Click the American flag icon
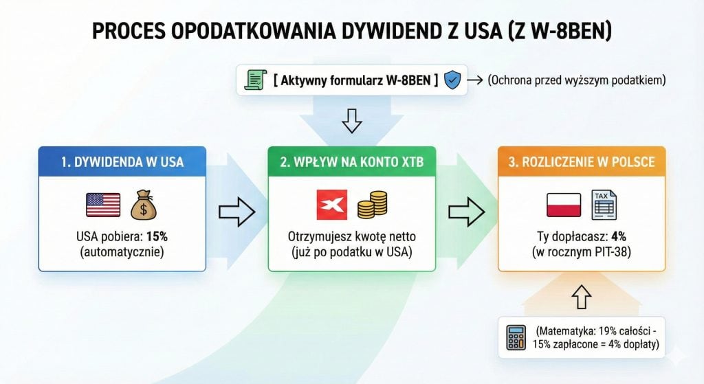click(x=103, y=205)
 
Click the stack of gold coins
click(x=372, y=205)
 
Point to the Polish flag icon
click(x=563, y=205)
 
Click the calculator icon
click(x=516, y=337)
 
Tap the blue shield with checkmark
click(x=452, y=80)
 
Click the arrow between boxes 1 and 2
click(x=236, y=212)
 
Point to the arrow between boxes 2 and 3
click(x=466, y=212)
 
